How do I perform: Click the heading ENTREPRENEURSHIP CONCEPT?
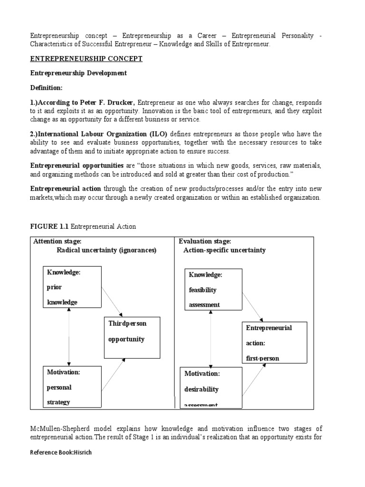(x=86, y=58)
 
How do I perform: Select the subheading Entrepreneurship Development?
(x=78, y=73)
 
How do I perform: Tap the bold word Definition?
(x=47, y=88)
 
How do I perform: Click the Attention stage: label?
(x=58, y=242)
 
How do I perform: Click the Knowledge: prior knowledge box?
(x=72, y=287)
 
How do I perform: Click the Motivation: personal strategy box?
(x=72, y=387)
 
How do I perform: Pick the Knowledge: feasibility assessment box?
(x=213, y=290)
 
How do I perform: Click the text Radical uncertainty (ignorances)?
(x=106, y=250)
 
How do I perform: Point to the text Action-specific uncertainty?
(x=224, y=250)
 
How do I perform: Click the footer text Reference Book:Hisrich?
(x=61, y=452)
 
